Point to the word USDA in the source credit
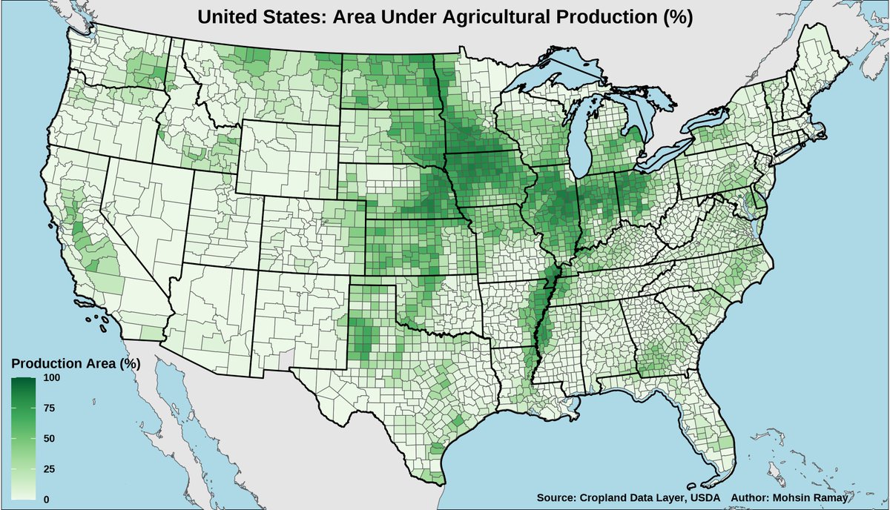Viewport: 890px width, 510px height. [x=705, y=497]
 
